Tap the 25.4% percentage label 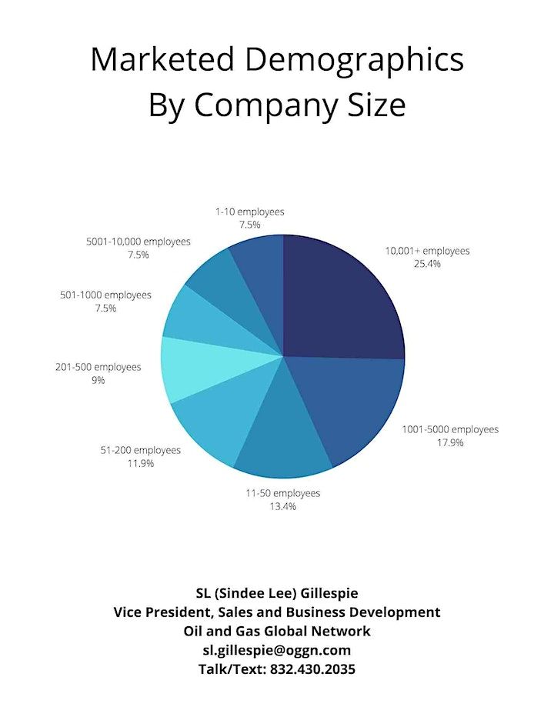426,264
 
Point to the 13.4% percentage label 282,506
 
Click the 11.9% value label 141,463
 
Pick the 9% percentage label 98,380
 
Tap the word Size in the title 375,105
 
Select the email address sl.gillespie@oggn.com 277,650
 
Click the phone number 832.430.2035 312,669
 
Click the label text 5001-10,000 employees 138,242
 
